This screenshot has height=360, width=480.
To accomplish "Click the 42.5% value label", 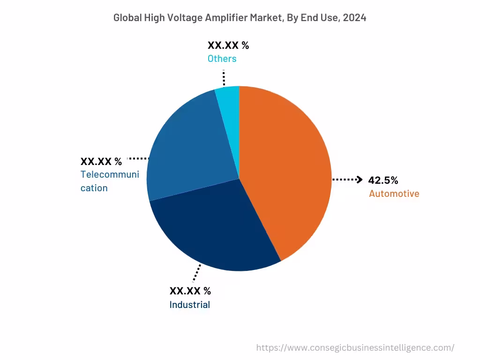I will point(383,180).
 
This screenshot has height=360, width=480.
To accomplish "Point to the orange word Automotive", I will point(394,194).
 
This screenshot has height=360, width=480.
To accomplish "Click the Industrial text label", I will point(189,305).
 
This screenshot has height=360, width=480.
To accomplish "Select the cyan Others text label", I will point(222,59).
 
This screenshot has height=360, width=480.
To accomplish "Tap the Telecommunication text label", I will point(110,181).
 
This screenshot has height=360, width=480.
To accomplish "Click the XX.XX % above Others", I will point(228,45).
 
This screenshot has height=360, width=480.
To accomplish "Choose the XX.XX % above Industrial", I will point(190,291).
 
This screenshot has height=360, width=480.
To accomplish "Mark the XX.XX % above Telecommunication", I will point(101,162).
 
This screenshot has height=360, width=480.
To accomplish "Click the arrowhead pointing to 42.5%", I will point(360,180).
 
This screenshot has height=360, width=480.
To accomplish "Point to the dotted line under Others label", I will point(224,77).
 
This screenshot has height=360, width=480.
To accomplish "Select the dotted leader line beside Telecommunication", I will point(138,158).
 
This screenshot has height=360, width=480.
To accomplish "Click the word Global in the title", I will point(126,18).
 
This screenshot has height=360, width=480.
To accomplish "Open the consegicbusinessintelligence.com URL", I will point(355,348).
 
